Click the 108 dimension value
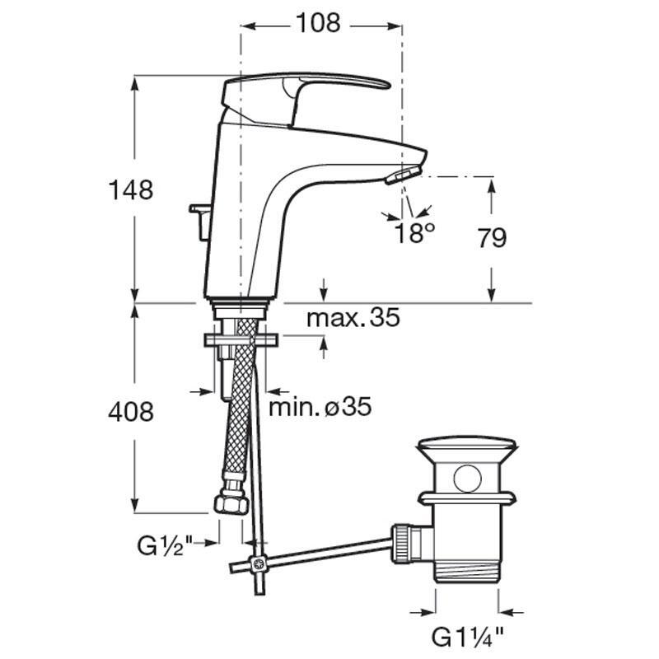pos(318,23)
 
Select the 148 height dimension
pos(131,189)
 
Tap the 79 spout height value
pos(492,238)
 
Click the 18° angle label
pos(415,233)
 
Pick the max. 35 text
pos(353,318)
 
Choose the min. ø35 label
pos(320,407)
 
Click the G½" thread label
pos(165,546)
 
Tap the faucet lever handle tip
pos(387,85)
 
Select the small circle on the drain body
pos(467,478)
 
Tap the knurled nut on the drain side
pos(403,542)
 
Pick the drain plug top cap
pos(467,449)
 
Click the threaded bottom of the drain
pos(467,572)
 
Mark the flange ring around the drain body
pos(467,498)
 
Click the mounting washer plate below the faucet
pos(241,340)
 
